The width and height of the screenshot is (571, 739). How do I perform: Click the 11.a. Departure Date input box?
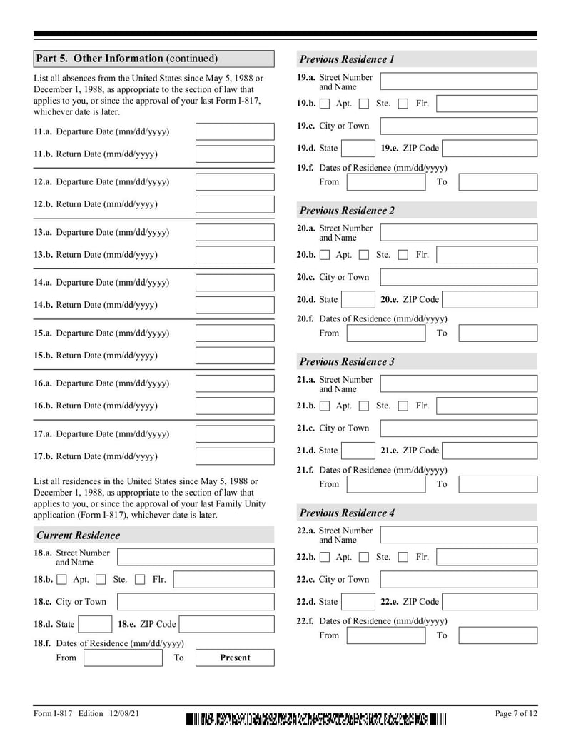[234, 131]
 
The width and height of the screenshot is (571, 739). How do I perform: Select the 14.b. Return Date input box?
[234, 305]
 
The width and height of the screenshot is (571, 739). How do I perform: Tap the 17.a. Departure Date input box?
[234, 433]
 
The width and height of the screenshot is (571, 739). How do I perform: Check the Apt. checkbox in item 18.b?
[62, 580]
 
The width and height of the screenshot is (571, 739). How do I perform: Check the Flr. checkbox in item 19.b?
[403, 104]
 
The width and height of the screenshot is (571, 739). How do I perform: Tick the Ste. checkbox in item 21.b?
[364, 406]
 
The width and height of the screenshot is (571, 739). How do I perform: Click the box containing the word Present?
[234, 658]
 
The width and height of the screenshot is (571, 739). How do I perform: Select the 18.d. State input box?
[94, 624]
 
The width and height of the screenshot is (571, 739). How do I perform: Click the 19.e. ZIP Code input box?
[489, 149]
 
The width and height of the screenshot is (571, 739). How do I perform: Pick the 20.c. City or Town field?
[458, 277]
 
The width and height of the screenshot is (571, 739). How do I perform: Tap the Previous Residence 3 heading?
[347, 361]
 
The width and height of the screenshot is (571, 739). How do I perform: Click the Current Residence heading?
[79, 536]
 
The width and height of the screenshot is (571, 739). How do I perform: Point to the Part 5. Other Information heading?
[126, 59]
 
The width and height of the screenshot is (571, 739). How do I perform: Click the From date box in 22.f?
[385, 635]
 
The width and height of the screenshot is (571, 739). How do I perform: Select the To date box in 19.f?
[497, 182]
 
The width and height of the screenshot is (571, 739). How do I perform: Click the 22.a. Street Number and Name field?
[458, 535]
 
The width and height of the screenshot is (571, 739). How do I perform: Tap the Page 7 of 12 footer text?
[516, 713]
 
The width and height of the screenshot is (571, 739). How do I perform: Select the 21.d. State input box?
[358, 451]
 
